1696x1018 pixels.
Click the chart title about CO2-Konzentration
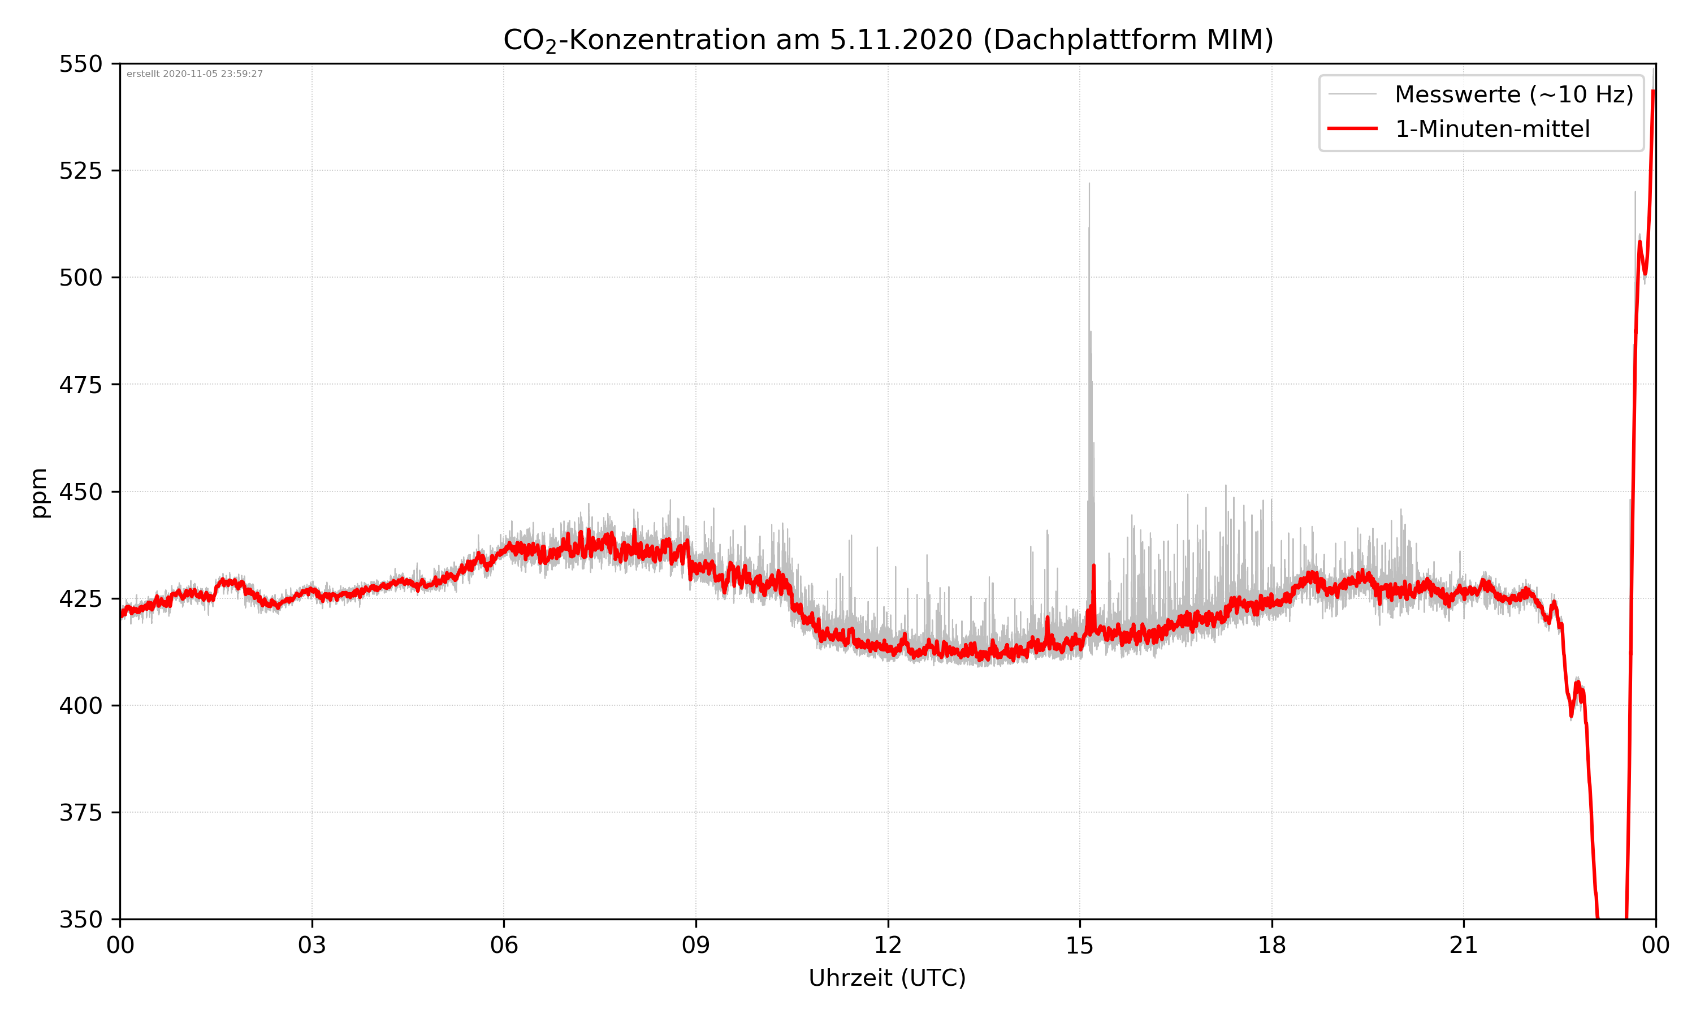[888, 40]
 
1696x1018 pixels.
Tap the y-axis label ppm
[39, 493]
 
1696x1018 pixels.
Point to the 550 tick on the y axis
[80, 64]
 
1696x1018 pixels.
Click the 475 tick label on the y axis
[80, 385]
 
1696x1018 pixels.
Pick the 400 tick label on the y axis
[80, 706]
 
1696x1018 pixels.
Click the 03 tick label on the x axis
[312, 945]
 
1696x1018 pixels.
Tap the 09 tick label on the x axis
[696, 945]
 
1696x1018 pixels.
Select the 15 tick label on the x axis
[1080, 945]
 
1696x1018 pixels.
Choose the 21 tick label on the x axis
[1464, 945]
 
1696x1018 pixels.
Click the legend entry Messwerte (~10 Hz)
[1513, 94]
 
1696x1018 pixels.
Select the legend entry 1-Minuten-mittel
[1492, 129]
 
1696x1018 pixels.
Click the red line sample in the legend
[1352, 128]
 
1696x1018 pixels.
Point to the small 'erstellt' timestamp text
[194, 74]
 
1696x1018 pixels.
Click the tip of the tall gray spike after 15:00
[1089, 184]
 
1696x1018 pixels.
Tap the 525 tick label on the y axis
[80, 171]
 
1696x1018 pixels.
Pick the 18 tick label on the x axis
[1271, 945]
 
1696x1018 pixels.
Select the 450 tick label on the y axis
[80, 492]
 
